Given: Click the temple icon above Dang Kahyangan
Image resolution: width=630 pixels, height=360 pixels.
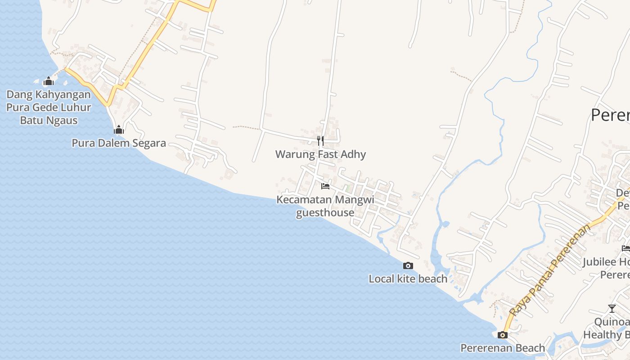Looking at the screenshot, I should pos(49,81).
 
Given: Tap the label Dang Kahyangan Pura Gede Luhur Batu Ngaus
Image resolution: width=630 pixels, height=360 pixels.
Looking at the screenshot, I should pos(49,108).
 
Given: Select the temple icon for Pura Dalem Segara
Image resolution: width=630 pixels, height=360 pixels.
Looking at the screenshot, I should pos(119,130).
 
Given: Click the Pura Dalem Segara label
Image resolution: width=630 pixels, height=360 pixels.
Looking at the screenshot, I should pos(119,143).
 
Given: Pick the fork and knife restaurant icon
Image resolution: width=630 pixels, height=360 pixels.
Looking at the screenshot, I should pos(320,141).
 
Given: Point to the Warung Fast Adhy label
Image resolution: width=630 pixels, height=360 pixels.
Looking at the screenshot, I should pos(320,154).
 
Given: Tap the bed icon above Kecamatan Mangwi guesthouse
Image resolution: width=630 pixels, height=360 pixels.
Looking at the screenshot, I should pos(325,186).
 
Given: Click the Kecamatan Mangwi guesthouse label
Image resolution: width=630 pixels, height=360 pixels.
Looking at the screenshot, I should pos(325,206).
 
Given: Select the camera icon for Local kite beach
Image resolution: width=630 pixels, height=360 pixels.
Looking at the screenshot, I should pos(408,266).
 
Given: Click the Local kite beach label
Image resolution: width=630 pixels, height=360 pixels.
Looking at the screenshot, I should pos(408,279).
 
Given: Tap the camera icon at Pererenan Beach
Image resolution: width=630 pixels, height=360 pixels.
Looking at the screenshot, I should pos(503,335).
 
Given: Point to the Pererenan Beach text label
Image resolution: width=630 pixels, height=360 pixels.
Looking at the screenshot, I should pos(503,348).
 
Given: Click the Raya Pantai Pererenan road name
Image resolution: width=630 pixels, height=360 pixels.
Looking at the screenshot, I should pos(550,270).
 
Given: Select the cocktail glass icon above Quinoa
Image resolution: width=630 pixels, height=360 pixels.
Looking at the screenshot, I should pos(612,309).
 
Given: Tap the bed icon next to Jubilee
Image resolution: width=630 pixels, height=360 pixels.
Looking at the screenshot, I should pos(625,248).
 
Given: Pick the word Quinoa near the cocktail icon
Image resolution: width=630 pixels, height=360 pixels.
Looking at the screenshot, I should pos(611,322).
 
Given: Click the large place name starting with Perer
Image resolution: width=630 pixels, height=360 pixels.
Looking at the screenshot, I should pos(610,115).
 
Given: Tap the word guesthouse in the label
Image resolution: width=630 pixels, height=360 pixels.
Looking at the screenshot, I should pos(325,212).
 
